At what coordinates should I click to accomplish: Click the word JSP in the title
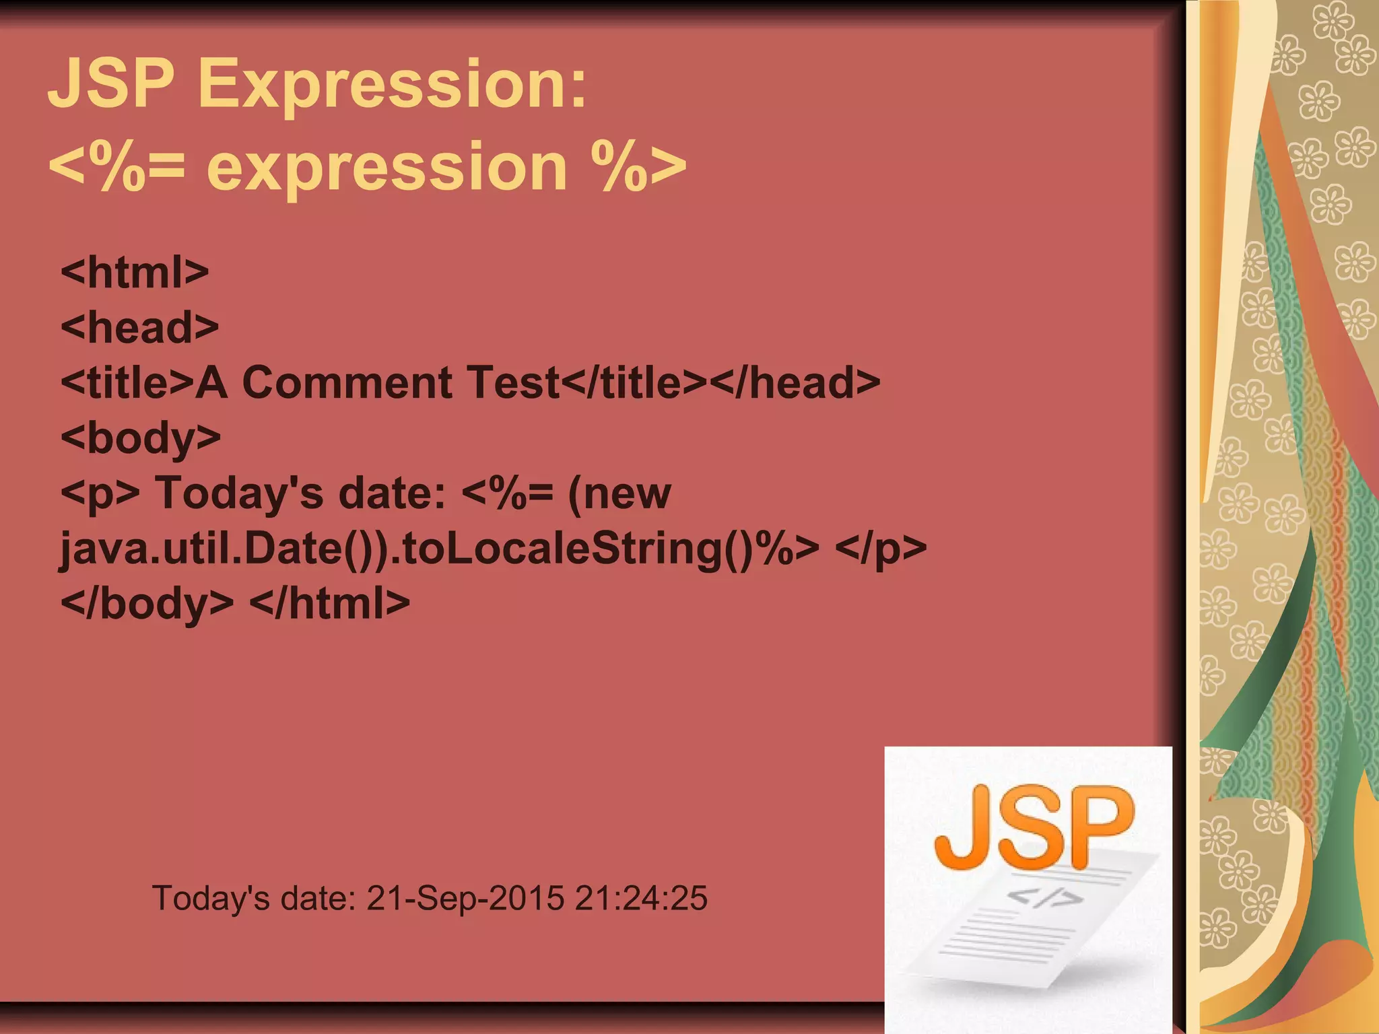point(111,83)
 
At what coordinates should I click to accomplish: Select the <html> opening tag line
point(135,273)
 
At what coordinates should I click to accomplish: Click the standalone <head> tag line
point(139,328)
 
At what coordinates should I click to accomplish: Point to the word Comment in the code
point(347,382)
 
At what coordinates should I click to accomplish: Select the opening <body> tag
point(140,438)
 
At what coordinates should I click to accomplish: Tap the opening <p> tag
point(100,493)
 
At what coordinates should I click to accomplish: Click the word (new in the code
point(619,493)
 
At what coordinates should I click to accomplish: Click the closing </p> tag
point(881,549)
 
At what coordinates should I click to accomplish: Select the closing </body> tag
point(147,603)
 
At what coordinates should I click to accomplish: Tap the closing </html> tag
point(329,603)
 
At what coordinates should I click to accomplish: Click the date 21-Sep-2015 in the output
point(465,898)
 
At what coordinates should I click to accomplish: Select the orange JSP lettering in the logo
point(1034,828)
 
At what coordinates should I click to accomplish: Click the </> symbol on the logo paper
point(1044,898)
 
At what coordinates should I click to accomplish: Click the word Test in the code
point(514,382)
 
